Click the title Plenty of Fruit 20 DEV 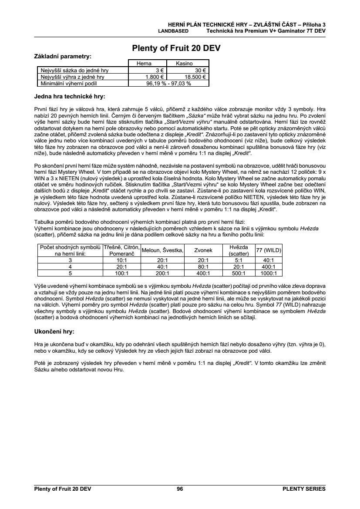pos(176,48)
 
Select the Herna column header pos(144,64)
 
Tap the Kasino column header pos(184,64)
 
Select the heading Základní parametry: pos(63,57)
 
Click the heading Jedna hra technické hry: pos(70,96)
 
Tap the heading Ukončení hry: pos(54,331)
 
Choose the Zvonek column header pos(203,250)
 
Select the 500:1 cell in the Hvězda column pos(238,273)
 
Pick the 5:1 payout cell pos(238,260)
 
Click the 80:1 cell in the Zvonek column pos(203,266)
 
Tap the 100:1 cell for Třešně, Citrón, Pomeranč pos(121,273)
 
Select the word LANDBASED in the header pos(173,31)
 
